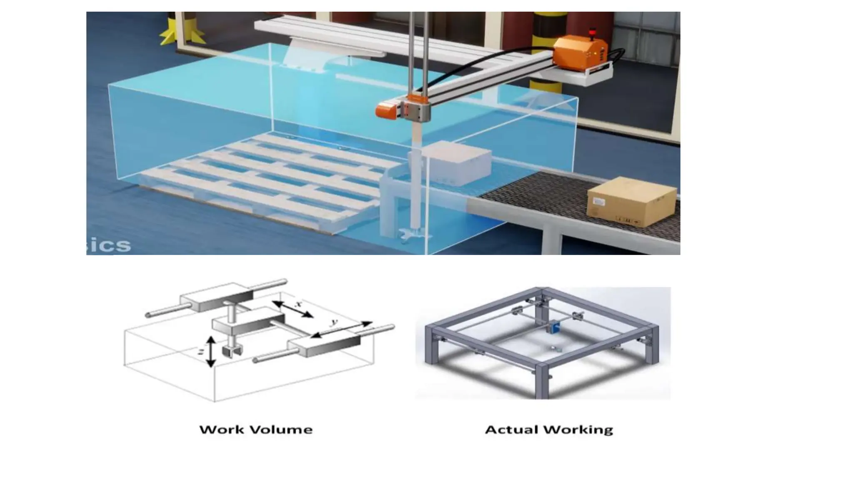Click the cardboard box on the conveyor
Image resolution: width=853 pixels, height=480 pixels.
tap(631, 202)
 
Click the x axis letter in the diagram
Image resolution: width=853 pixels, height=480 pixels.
tap(298, 304)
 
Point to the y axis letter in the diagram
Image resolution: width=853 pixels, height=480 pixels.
tap(333, 322)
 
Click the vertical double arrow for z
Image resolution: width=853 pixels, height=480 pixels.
tap(211, 352)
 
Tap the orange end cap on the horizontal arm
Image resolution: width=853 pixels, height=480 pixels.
tap(385, 110)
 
